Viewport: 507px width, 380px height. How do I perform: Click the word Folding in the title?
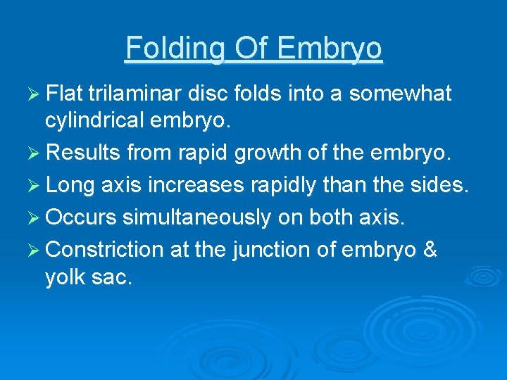click(173, 49)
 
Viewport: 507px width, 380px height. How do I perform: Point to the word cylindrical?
click(95, 120)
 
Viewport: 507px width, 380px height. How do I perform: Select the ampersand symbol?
click(428, 250)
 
